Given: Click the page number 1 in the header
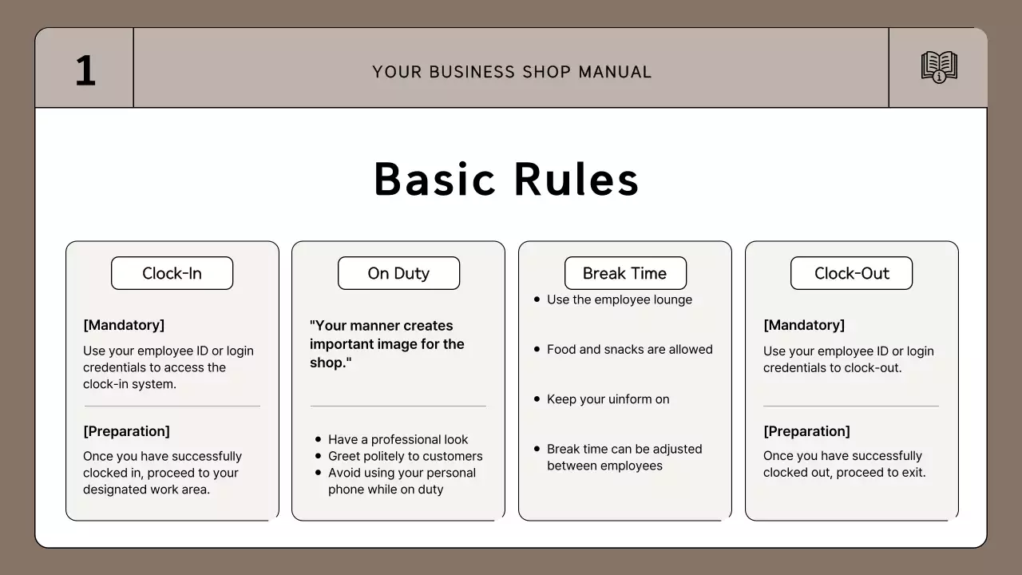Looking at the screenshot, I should pos(85,70).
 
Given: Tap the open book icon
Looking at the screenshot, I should pos(939,67).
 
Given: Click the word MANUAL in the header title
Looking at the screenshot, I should pos(615,72).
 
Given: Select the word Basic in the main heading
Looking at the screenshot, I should pos(436,179).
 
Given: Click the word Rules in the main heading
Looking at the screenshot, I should pos(576,179).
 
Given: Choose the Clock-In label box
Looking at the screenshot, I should pos(172,273).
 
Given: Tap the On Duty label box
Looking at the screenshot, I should pos(398,273).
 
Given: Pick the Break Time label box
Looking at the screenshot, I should pos(624,273).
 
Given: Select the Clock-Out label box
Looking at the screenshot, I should pos(851,273).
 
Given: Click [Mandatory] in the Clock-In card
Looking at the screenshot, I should pos(124,325).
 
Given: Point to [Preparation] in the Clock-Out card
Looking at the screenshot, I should pos(806,431).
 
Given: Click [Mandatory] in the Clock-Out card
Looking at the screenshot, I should pos(804,325).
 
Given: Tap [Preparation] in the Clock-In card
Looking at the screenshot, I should pos(126,431).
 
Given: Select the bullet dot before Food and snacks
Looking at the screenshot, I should pos(537,349).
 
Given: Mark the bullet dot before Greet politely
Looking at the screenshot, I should pos(319,456).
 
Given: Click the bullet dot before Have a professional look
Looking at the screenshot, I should pos(319,439).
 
